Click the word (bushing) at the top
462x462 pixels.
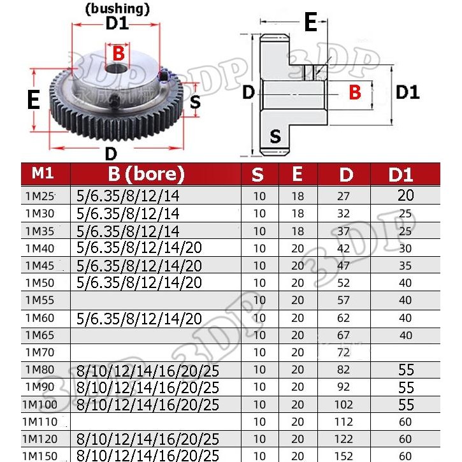point(117,9)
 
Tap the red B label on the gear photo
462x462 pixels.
point(118,54)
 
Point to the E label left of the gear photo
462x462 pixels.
point(34,100)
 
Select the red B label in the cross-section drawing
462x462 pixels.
point(355,92)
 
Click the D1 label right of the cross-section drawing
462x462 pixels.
point(407,92)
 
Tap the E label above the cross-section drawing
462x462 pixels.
point(310,23)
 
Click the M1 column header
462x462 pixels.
point(44,173)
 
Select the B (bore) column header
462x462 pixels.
point(145,173)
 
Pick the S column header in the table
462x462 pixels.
point(257,174)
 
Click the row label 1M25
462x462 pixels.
point(40,196)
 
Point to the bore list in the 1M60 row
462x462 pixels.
point(138,317)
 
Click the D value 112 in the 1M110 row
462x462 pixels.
point(345,422)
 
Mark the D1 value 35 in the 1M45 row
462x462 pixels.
point(405,265)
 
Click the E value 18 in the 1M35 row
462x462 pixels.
point(298,231)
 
